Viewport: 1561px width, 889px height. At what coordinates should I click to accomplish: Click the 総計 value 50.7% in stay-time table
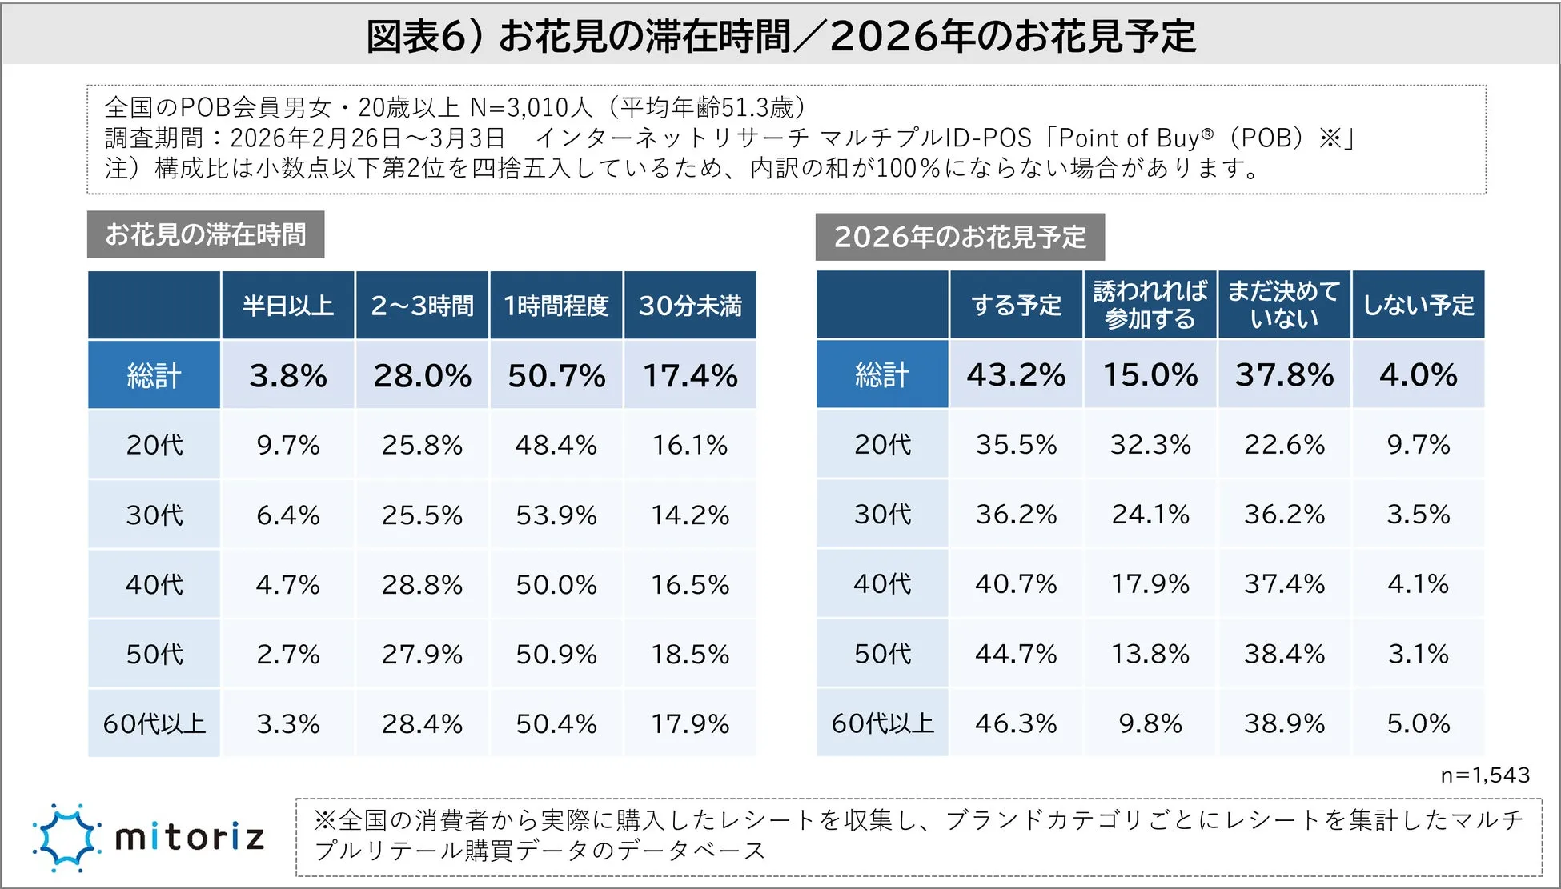pyautogui.click(x=556, y=375)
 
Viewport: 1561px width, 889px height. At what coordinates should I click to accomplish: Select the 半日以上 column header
pyautogui.click(x=287, y=306)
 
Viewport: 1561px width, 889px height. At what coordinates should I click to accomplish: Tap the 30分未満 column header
pyautogui.click(x=690, y=306)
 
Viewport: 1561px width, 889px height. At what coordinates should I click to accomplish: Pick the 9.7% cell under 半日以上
pyautogui.click(x=287, y=445)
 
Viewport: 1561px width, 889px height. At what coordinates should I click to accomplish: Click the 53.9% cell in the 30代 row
pyautogui.click(x=556, y=515)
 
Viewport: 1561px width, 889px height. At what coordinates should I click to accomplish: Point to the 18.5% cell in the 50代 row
pyautogui.click(x=690, y=655)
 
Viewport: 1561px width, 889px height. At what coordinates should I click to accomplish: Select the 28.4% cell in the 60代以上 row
pyautogui.click(x=422, y=724)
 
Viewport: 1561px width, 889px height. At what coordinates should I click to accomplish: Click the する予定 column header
pyautogui.click(x=1016, y=305)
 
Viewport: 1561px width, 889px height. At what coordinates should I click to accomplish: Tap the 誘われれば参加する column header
pyautogui.click(x=1150, y=305)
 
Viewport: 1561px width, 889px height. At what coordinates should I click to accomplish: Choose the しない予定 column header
pyautogui.click(x=1418, y=305)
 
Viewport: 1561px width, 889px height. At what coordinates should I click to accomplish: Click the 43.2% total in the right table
pyautogui.click(x=1016, y=374)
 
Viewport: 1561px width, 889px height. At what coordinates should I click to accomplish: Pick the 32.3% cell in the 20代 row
pyautogui.click(x=1150, y=444)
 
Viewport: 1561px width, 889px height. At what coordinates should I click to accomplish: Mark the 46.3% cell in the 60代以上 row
pyautogui.click(x=1016, y=723)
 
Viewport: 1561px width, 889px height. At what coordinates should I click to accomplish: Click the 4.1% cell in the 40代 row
pyautogui.click(x=1418, y=584)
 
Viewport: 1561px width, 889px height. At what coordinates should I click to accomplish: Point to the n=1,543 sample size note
pyautogui.click(x=1485, y=775)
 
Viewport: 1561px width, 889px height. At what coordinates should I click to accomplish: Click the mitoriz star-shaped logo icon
pyautogui.click(x=66, y=837)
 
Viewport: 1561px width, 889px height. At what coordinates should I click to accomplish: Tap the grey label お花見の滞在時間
pyautogui.click(x=206, y=234)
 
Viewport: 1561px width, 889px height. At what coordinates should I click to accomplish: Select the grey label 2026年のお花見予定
pyautogui.click(x=960, y=237)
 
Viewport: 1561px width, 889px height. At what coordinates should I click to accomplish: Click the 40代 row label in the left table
pyautogui.click(x=154, y=584)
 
